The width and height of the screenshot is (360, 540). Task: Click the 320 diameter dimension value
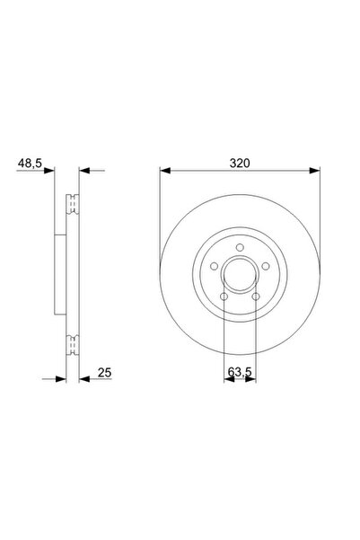(239, 164)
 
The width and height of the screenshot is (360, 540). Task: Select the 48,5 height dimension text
(31, 164)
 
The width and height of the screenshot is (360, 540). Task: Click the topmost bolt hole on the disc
(239, 249)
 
